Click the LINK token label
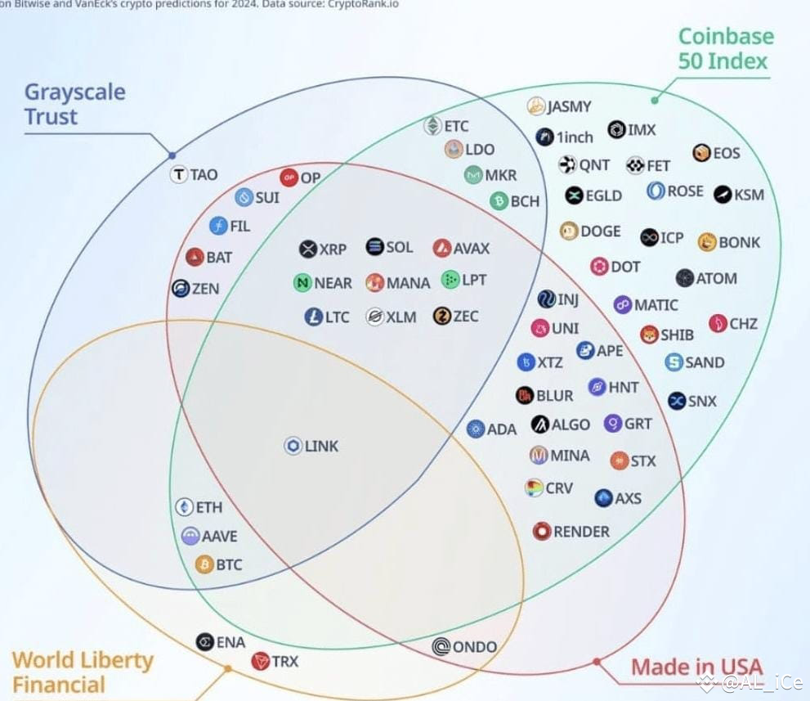[x=321, y=446]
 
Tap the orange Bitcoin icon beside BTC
[x=204, y=564]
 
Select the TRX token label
[x=285, y=661]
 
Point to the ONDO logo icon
[x=441, y=646]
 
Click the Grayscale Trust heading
[x=75, y=104]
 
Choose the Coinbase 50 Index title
[x=726, y=48]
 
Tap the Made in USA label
[x=697, y=667]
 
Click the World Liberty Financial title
[x=83, y=672]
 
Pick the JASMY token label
[x=569, y=106]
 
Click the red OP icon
[x=289, y=177]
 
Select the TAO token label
[x=204, y=175]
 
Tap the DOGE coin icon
[x=569, y=231]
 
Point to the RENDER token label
[x=582, y=532]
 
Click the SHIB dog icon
[x=649, y=335]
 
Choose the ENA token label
[x=230, y=642]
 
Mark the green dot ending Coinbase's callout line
[x=655, y=101]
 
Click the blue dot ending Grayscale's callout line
[x=172, y=155]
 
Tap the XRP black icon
[x=308, y=249]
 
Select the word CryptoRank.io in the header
[x=363, y=4]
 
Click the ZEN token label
[x=206, y=289]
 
